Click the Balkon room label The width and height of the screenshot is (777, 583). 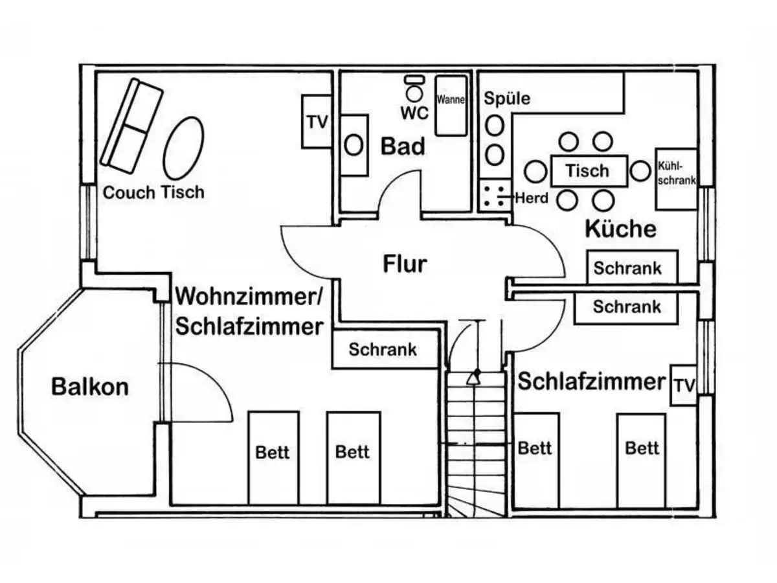[x=90, y=387]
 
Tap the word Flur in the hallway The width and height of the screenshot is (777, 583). [x=405, y=264]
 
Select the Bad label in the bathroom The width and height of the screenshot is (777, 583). [x=403, y=146]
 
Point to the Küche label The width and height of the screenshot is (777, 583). [x=620, y=229]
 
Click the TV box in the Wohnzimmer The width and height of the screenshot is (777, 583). [x=317, y=122]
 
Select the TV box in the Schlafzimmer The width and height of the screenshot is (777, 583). [x=683, y=385]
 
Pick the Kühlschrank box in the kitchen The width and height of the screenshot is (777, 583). [x=677, y=176]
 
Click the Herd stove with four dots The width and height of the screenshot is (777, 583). [x=495, y=196]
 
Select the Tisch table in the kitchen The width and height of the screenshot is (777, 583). [x=588, y=171]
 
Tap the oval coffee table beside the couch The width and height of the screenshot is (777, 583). [x=183, y=147]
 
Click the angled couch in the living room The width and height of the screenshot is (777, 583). [x=131, y=126]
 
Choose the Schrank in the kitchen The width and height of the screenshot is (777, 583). [x=632, y=268]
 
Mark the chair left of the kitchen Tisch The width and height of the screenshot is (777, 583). [x=535, y=171]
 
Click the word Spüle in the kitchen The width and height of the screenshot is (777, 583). [x=507, y=98]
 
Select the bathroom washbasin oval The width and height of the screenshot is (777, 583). [x=354, y=145]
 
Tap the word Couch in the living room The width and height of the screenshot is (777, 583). [x=129, y=192]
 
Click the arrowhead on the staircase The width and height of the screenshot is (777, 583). [x=475, y=377]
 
